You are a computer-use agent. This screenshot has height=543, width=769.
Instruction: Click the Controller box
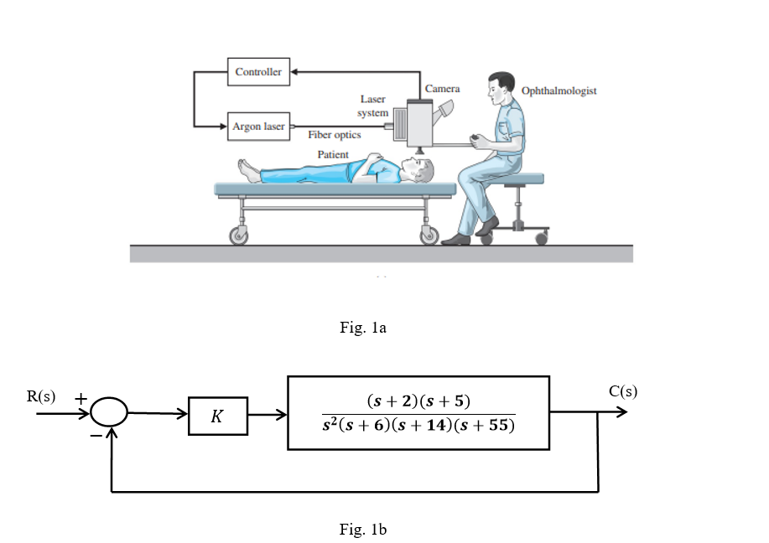coord(258,72)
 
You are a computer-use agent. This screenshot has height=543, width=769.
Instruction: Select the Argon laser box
coord(258,127)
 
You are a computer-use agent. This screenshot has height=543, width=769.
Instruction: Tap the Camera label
coord(442,89)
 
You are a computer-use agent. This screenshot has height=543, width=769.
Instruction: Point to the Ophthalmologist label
coord(559,90)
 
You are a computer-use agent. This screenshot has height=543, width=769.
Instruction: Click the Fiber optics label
coord(334,135)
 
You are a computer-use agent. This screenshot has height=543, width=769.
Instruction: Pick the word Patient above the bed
coord(333,155)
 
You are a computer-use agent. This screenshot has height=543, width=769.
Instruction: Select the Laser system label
coord(373,106)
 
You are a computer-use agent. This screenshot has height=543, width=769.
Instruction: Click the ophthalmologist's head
coord(501,88)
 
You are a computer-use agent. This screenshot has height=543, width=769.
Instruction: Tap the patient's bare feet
coord(249,170)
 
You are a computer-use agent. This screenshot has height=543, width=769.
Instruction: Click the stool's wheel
coord(541,239)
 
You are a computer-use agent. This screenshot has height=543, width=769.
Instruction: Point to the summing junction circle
coord(109,413)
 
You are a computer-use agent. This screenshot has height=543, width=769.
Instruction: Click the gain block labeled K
coord(218,416)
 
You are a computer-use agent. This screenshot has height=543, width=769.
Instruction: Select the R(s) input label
coord(41,396)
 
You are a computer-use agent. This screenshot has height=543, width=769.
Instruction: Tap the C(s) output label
coord(623,392)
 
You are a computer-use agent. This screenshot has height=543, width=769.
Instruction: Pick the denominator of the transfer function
coord(418,426)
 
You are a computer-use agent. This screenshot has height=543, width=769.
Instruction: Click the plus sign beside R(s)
coord(81,400)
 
